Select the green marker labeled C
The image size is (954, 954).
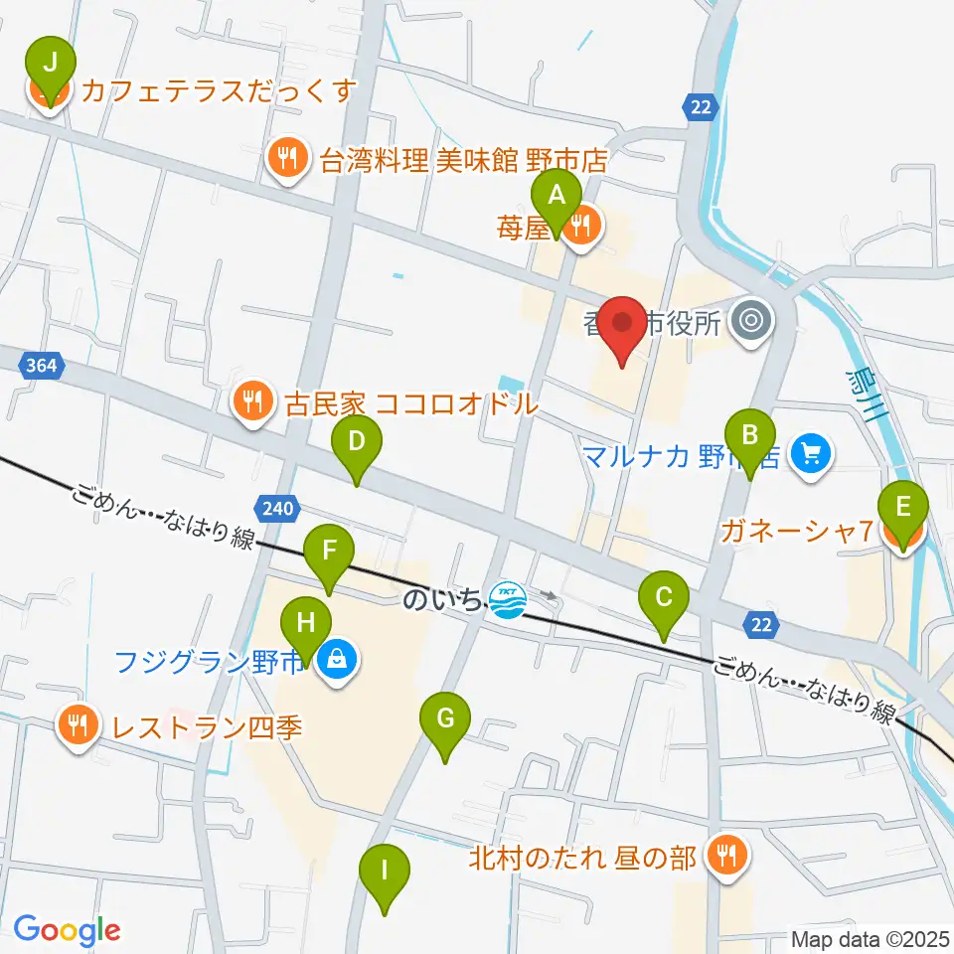coord(664,599)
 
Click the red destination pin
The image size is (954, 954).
coord(623,329)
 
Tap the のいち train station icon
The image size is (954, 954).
coord(508,600)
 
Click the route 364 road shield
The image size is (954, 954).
coord(42,366)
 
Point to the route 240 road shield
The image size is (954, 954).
coord(277,509)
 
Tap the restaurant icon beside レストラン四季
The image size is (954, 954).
coord(78,724)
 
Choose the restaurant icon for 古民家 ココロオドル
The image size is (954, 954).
coord(252,401)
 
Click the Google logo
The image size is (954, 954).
coord(67,930)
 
